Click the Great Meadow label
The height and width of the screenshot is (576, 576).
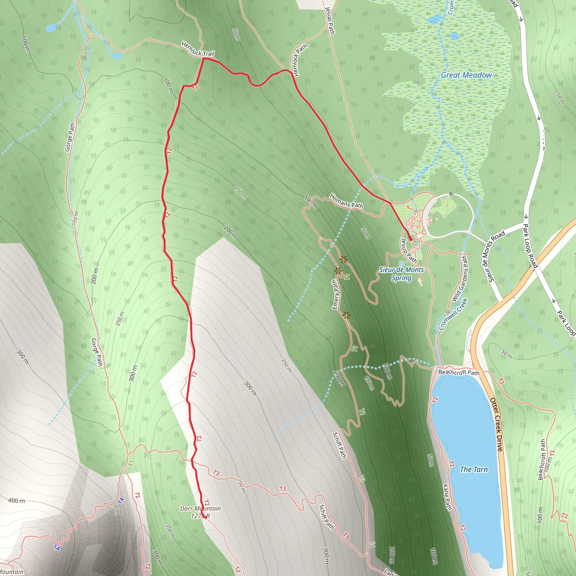pyautogui.click(x=466, y=75)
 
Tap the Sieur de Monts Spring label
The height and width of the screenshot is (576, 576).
pyautogui.click(x=401, y=274)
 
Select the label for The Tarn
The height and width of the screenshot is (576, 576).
pyautogui.click(x=474, y=470)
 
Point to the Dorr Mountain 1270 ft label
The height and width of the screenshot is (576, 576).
pyautogui.click(x=200, y=512)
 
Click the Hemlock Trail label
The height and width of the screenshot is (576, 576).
pyautogui.click(x=198, y=49)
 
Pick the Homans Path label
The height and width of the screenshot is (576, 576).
pyautogui.click(x=346, y=201)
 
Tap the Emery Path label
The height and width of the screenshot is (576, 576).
pyautogui.click(x=336, y=294)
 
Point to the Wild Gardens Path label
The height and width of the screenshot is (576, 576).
pyautogui.click(x=460, y=278)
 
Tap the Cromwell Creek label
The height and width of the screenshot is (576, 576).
pyautogui.click(x=453, y=314)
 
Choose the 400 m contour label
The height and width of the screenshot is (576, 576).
pyautogui.click(x=17, y=501)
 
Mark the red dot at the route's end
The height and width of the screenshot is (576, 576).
pyautogui.click(x=411, y=239)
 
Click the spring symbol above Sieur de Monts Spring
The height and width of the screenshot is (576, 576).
pyautogui.click(x=401, y=263)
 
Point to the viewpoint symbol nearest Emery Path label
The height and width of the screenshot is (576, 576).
pyautogui.click(x=337, y=271)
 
